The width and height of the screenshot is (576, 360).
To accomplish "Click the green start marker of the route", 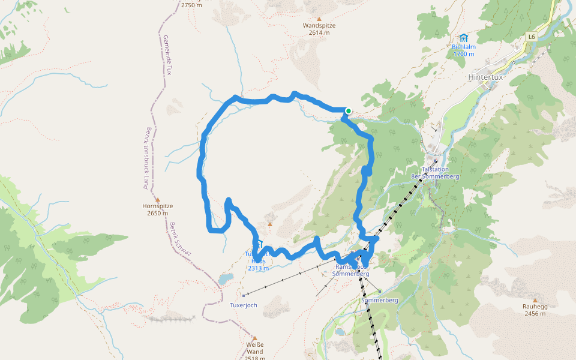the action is pyautogui.click(x=348, y=110).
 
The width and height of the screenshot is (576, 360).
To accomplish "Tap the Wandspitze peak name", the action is pyautogui.click(x=319, y=26).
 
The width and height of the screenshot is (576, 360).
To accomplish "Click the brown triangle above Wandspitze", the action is pyautogui.click(x=319, y=18).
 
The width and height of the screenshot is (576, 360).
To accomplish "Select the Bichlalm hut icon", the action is pyautogui.click(x=463, y=38).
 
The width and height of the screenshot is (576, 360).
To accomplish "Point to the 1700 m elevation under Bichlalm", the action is pyautogui.click(x=463, y=54).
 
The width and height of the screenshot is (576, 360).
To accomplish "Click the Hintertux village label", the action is pyautogui.click(x=488, y=77).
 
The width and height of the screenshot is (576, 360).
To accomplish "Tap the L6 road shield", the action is pyautogui.click(x=531, y=37).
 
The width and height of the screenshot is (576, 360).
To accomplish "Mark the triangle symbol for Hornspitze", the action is pyautogui.click(x=158, y=199).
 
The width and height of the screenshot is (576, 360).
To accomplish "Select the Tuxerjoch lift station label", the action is pyautogui.click(x=243, y=305).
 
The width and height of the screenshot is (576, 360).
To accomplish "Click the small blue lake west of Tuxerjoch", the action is pyautogui.click(x=226, y=279).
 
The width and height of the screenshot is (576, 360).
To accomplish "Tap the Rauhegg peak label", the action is pyautogui.click(x=535, y=307).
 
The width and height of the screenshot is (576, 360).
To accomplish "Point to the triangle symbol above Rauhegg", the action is pyautogui.click(x=535, y=299).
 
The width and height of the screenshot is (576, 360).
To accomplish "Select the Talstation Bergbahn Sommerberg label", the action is pyautogui.click(x=434, y=173).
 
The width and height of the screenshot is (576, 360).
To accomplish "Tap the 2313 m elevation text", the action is pyautogui.click(x=258, y=268).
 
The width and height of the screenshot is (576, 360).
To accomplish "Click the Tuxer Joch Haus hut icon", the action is pyautogui.click(x=259, y=244).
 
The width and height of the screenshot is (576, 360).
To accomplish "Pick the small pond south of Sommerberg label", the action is pyautogui.click(x=340, y=331).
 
